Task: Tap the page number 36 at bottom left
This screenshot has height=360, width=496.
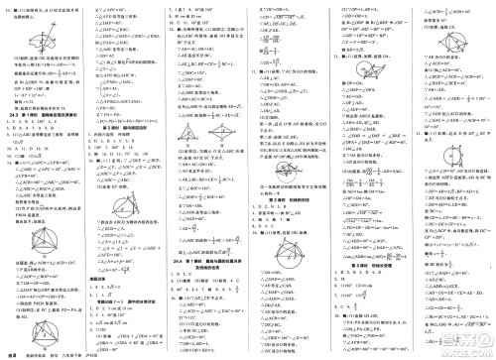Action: pos(13,352)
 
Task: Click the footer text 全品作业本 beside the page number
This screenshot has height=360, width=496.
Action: pos(40,353)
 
